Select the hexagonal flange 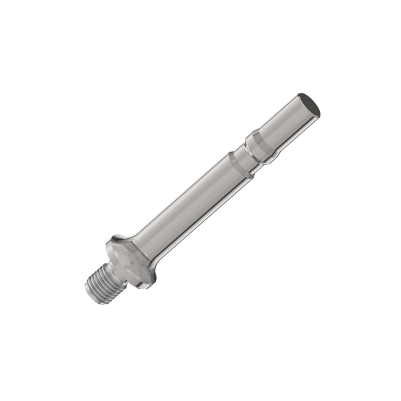130,261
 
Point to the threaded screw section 100,284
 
